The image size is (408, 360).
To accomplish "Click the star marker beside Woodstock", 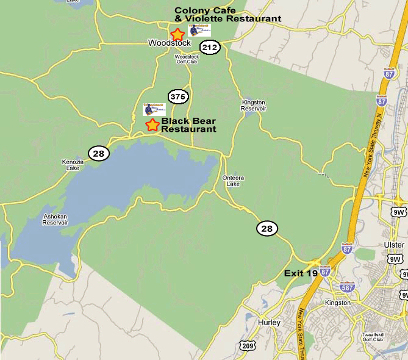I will [177, 34].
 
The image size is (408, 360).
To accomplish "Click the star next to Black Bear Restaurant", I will [152, 125].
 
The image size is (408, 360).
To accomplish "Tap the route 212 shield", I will [210, 48].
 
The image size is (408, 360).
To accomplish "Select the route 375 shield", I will [179, 96].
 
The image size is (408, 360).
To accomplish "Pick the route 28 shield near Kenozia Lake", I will [99, 153].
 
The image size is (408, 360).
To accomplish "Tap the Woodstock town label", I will [170, 43].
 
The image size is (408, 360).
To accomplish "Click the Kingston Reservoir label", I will [254, 105].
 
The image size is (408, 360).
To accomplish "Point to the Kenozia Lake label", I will [71, 165].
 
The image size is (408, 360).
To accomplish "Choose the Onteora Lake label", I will [233, 181].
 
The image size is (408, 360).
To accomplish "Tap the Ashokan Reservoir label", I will [55, 220].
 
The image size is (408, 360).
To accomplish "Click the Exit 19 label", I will [301, 273].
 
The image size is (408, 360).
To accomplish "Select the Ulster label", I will [395, 245].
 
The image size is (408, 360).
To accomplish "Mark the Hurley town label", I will [269, 322].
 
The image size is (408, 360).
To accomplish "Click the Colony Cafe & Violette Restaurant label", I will [228, 15].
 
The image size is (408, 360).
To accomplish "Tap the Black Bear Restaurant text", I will [188, 125].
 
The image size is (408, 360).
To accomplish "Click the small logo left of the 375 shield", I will [154, 109].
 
